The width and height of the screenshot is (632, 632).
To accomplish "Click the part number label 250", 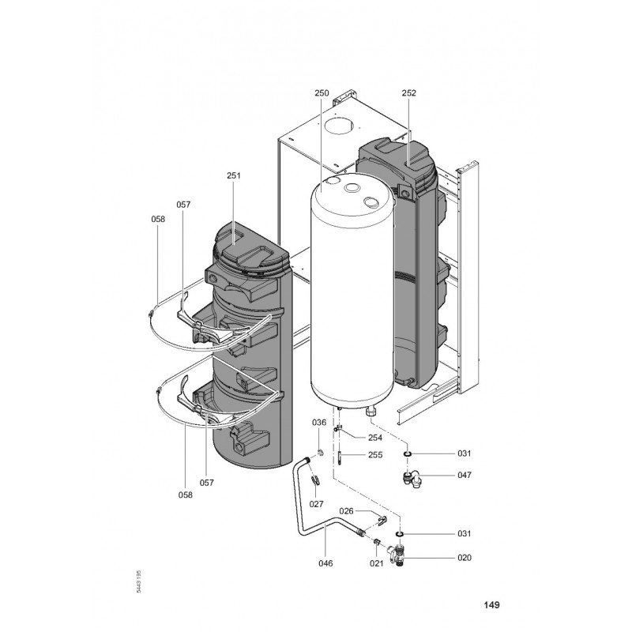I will click(x=322, y=92).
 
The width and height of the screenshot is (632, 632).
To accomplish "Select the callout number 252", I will click(x=408, y=92).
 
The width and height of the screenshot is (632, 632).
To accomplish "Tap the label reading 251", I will click(x=233, y=176).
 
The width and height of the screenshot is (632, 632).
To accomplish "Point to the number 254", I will click(x=375, y=437).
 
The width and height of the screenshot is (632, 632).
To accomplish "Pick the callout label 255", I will click(x=375, y=456).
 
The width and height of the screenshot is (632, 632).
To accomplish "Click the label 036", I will click(x=318, y=423).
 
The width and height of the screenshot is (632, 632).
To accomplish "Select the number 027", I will click(x=317, y=503).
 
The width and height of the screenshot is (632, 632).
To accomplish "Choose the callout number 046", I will click(x=325, y=563).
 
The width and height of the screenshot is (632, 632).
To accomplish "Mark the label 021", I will click(x=377, y=563).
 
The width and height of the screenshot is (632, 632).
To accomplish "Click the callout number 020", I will click(x=464, y=558).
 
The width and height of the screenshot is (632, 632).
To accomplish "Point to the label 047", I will click(x=464, y=476).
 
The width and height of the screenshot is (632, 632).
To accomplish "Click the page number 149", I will click(x=491, y=606).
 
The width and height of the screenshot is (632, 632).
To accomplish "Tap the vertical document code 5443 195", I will click(x=139, y=583).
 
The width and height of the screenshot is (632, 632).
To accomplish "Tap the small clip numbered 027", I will click(x=315, y=479).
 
